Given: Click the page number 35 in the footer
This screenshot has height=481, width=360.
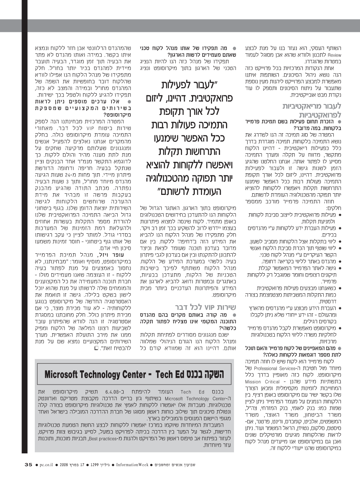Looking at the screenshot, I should (28, 465).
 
